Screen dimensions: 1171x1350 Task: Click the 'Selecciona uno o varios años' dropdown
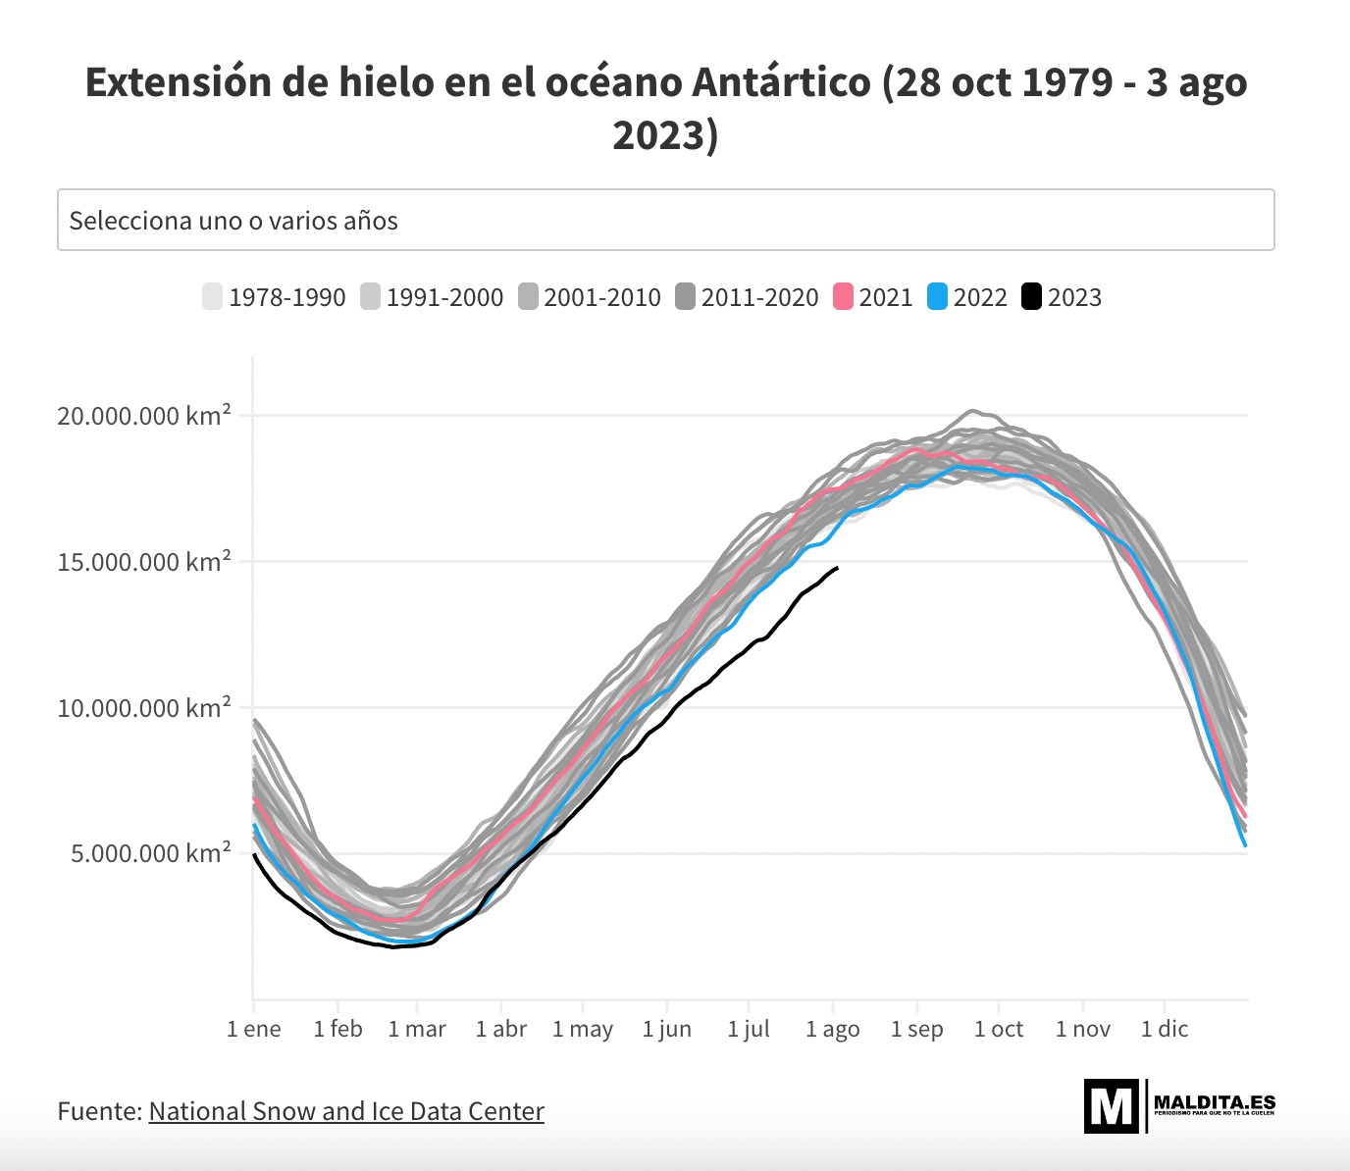pyautogui.click(x=665, y=220)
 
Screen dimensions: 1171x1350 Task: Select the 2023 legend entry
pyautogui.click(x=1062, y=297)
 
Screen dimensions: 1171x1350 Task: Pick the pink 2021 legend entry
pyautogui.click(x=873, y=297)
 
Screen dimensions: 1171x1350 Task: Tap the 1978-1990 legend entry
pyautogui.click(x=274, y=297)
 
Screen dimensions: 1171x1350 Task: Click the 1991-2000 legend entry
pyautogui.click(x=432, y=297)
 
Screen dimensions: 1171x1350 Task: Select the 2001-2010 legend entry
pyautogui.click(x=590, y=297)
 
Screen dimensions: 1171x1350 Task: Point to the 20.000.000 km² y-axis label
pyautogui.click(x=144, y=416)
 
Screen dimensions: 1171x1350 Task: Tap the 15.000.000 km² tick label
pyautogui.click(x=144, y=562)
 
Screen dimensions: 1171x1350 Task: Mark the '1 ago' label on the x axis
pyautogui.click(x=833, y=1029)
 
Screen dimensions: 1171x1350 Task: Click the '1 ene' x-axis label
pyautogui.click(x=254, y=1029)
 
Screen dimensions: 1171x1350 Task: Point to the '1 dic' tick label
pyautogui.click(x=1165, y=1029)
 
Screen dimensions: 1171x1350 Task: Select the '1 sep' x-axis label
pyautogui.click(x=917, y=1029)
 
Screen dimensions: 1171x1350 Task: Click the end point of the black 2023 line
pyautogui.click(x=837, y=568)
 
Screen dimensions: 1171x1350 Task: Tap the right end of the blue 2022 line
pyautogui.click(x=1246, y=844)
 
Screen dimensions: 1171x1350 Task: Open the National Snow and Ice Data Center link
pyautogui.click(x=346, y=1111)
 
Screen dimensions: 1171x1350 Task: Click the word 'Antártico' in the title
pyautogui.click(x=781, y=82)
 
